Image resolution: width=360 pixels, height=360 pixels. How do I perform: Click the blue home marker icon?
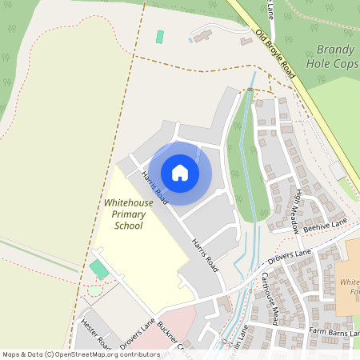[x=180, y=173]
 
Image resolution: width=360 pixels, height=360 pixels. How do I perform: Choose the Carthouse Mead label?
[x=269, y=298]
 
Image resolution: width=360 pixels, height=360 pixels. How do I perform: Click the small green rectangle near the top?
[x=160, y=37]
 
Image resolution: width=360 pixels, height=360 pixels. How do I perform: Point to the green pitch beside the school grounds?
[x=99, y=270]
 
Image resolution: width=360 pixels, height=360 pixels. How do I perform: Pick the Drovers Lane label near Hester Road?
[x=137, y=335]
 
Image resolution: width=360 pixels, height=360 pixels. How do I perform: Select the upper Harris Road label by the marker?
[x=154, y=184]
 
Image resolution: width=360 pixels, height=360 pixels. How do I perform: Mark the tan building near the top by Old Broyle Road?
[x=201, y=35]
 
